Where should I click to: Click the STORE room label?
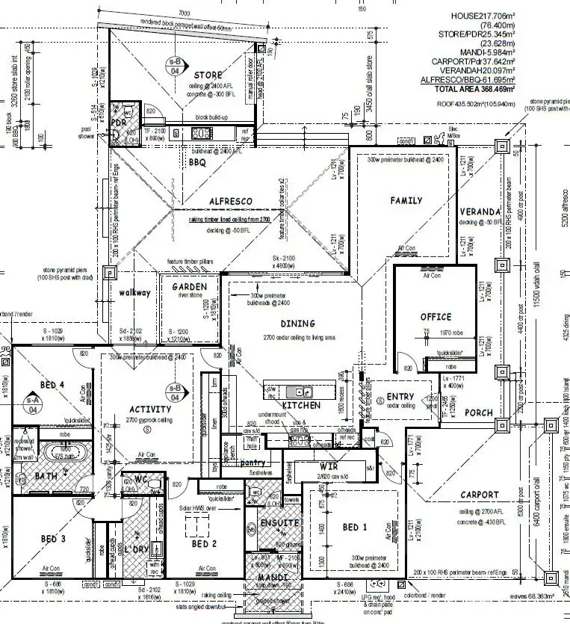click(208, 75)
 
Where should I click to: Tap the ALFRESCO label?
click(230, 201)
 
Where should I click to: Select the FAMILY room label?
click(406, 200)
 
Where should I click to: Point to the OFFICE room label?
click(436, 317)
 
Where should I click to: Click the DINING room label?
click(298, 324)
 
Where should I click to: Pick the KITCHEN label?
click(301, 405)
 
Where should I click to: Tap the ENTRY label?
click(400, 397)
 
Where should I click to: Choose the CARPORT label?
click(480, 495)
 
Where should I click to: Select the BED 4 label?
click(52, 386)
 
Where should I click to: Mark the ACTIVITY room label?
click(150, 409)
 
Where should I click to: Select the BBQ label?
click(197, 161)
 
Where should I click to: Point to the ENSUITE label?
click(279, 522)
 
